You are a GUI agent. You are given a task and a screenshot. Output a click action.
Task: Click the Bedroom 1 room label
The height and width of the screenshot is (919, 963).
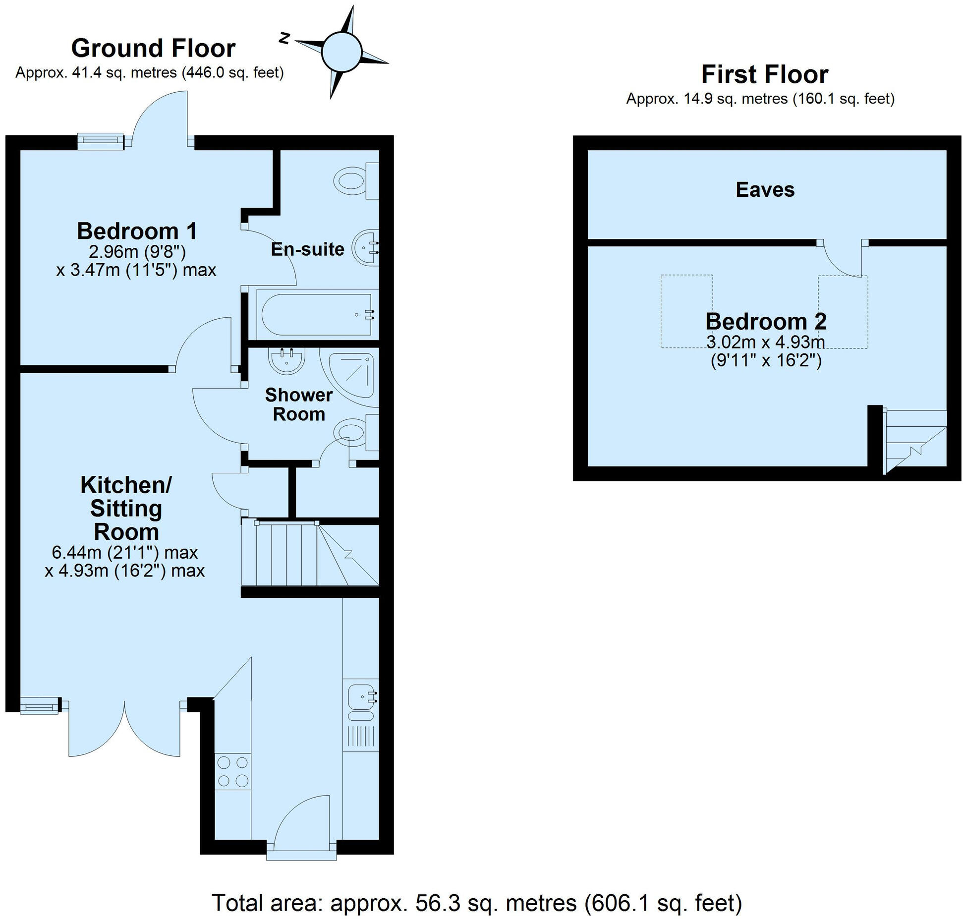[x=137, y=231]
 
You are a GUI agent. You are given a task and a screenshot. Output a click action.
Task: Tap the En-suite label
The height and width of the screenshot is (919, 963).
[x=307, y=249]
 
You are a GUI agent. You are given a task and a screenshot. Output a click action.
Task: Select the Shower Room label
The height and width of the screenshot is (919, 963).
[x=298, y=404]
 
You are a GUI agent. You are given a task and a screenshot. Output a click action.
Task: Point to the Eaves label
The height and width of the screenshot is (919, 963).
[x=765, y=189]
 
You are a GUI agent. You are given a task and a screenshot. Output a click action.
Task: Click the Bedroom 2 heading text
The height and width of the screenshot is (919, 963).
[x=766, y=321]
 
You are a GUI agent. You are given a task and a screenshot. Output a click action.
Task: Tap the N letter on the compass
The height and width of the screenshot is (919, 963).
[x=284, y=38]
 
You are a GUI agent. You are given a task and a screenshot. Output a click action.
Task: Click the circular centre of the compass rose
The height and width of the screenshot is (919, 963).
[x=342, y=52]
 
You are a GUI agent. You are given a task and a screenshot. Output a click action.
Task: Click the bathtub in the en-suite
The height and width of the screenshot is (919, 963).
[x=317, y=315]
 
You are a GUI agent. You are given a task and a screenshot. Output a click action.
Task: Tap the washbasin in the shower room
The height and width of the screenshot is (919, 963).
[x=286, y=361]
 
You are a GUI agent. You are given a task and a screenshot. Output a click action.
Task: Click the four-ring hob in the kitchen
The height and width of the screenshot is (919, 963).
[x=233, y=771]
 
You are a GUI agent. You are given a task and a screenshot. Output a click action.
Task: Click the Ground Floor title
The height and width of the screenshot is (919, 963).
[x=153, y=49]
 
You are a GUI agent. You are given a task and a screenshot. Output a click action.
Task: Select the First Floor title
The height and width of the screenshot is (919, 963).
[x=765, y=75]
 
